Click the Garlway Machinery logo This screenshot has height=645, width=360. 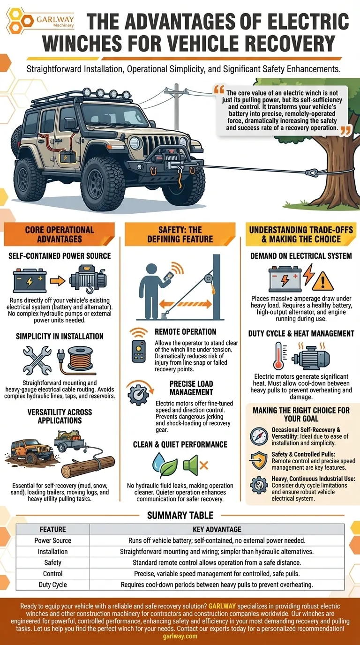click(40, 21)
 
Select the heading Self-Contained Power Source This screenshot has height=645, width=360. click(60, 255)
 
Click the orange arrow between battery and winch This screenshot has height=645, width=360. click(58, 281)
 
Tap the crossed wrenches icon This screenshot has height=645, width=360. click(37, 360)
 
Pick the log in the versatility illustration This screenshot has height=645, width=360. click(88, 466)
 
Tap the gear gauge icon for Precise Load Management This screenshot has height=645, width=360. click(139, 393)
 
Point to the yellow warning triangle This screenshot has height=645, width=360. click(322, 281)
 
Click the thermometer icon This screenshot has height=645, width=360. click(279, 356)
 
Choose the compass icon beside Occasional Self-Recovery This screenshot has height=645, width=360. click(259, 436)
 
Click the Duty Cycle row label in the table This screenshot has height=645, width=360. click(52, 585)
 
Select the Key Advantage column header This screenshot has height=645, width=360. click(217, 529)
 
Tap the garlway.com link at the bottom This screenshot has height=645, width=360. click(180, 636)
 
